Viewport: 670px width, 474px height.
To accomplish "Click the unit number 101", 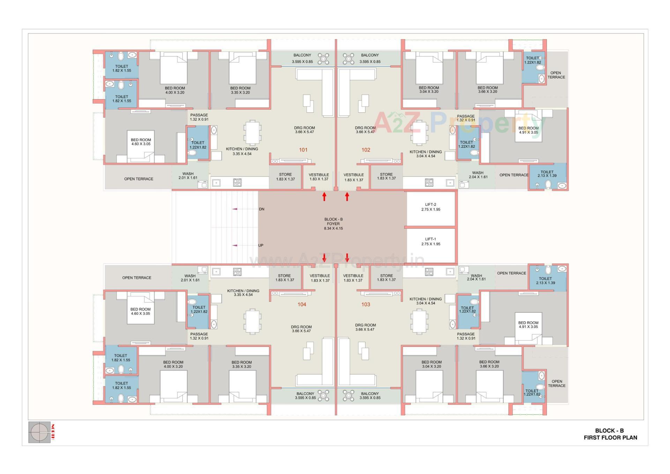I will pyautogui.click(x=303, y=150).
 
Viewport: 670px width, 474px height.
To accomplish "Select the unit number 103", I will pyautogui.click(x=365, y=304).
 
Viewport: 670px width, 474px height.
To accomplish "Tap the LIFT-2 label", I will pyautogui.click(x=431, y=207).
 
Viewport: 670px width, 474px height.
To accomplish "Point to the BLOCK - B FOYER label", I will pyautogui.click(x=333, y=224).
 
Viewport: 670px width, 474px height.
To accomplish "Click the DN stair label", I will pyautogui.click(x=261, y=209).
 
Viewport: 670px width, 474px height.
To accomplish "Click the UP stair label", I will pyautogui.click(x=261, y=245).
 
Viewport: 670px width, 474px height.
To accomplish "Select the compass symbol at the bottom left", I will pyautogui.click(x=39, y=432).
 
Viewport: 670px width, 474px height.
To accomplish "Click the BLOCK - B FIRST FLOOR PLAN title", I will pyautogui.click(x=610, y=434).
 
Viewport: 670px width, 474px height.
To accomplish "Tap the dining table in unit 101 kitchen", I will pyautogui.click(x=252, y=133).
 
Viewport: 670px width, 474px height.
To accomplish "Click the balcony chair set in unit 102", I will pyautogui.click(x=348, y=59).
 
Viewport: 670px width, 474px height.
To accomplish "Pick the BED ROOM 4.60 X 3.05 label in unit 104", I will pyautogui.click(x=141, y=311).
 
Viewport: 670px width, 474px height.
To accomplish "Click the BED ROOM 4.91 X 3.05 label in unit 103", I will pyautogui.click(x=528, y=325).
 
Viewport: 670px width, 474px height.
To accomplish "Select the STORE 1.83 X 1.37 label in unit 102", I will pyautogui.click(x=386, y=176).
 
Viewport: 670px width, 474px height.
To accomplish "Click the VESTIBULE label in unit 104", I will pyautogui.click(x=320, y=278).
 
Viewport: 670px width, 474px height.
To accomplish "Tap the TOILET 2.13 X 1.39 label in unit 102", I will pyautogui.click(x=547, y=174).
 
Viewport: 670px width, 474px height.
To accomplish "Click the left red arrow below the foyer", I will pyautogui.click(x=324, y=258).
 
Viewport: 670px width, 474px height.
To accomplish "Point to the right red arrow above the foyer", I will pyautogui.click(x=347, y=197).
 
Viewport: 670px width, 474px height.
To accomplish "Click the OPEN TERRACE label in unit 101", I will pyautogui.click(x=139, y=179).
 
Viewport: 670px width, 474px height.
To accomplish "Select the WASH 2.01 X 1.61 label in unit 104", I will pyautogui.click(x=190, y=278).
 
